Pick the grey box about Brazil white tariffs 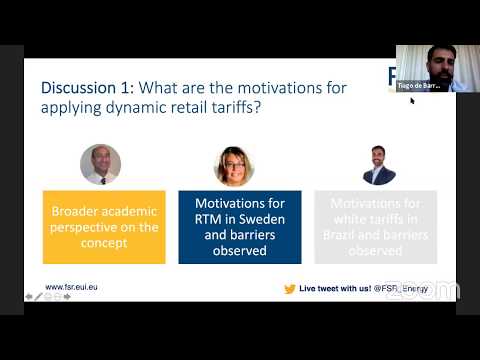(376, 227)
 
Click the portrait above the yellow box (100, 164)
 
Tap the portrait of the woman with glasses (234, 165)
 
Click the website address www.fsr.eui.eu (71, 287)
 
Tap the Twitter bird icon (290, 288)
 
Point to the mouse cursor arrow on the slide (412, 101)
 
